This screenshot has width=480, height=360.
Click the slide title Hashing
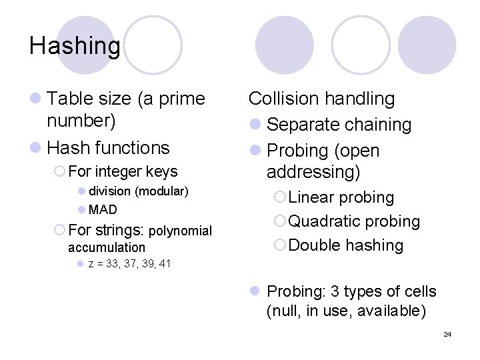pyautogui.click(x=75, y=46)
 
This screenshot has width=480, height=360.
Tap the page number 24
pyautogui.click(x=447, y=334)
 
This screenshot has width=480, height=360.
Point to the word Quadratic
pyautogui.click(x=324, y=221)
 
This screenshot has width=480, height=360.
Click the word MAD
pyautogui.click(x=103, y=210)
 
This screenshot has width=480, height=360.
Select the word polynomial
pyautogui.click(x=180, y=231)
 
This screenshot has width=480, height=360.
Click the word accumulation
pyautogui.click(x=107, y=247)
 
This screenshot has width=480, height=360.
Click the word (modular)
pyautogui.click(x=161, y=191)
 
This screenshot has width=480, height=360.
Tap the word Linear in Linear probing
pyautogui.click(x=311, y=197)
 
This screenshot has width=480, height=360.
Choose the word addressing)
pyautogui.click(x=313, y=172)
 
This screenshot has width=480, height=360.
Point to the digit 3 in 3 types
pyautogui.click(x=332, y=291)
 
